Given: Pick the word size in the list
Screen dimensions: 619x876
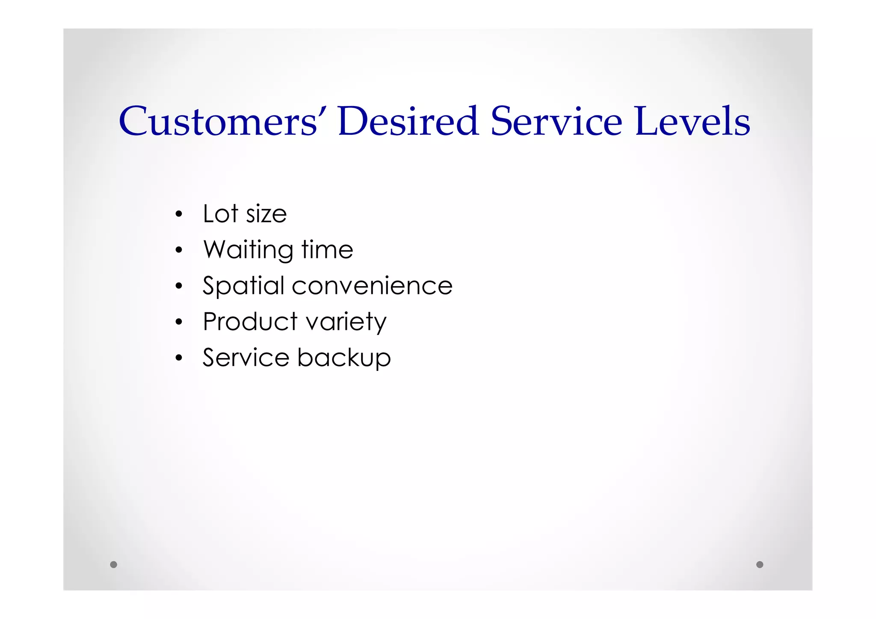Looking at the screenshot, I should [x=266, y=214].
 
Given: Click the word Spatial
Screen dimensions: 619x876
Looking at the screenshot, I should [x=243, y=286].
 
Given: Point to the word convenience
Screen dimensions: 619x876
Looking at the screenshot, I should [x=372, y=286].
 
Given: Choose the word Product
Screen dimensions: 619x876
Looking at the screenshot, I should [x=250, y=321].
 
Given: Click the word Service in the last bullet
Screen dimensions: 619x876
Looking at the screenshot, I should [x=246, y=358].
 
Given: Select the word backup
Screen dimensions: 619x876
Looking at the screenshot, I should [x=344, y=358].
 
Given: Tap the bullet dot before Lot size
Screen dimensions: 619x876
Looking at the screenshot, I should [x=179, y=214].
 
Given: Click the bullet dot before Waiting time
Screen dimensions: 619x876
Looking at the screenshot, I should [x=179, y=250].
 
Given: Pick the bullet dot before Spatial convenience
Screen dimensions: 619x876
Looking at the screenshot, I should [x=179, y=286].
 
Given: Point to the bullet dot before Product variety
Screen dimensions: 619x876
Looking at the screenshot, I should [x=179, y=322].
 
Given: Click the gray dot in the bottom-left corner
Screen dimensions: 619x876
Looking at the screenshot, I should [x=113, y=564].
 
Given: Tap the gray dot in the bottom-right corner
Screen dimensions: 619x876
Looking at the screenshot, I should [x=760, y=564].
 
